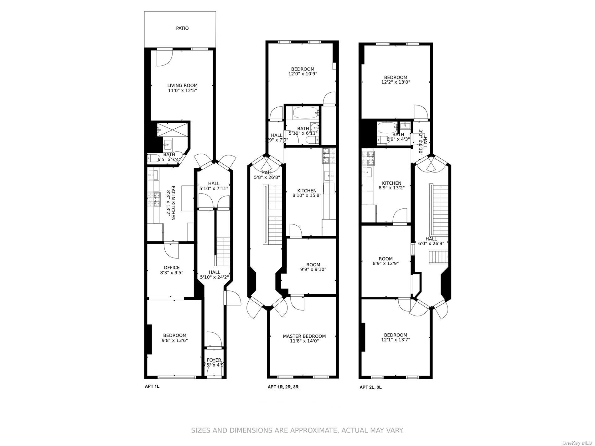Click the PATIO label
(182, 28)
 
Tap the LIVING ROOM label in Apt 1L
(182, 85)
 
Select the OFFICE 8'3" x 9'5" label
(172, 270)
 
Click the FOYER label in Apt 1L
(214, 360)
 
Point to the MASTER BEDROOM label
(304, 336)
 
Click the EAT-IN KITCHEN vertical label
(170, 203)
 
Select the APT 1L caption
(152, 386)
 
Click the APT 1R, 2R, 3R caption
(283, 387)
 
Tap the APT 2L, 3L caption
(370, 387)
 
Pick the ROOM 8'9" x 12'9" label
(385, 261)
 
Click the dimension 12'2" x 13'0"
(396, 82)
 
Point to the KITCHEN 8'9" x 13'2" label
(391, 186)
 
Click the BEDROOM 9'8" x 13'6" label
(174, 338)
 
